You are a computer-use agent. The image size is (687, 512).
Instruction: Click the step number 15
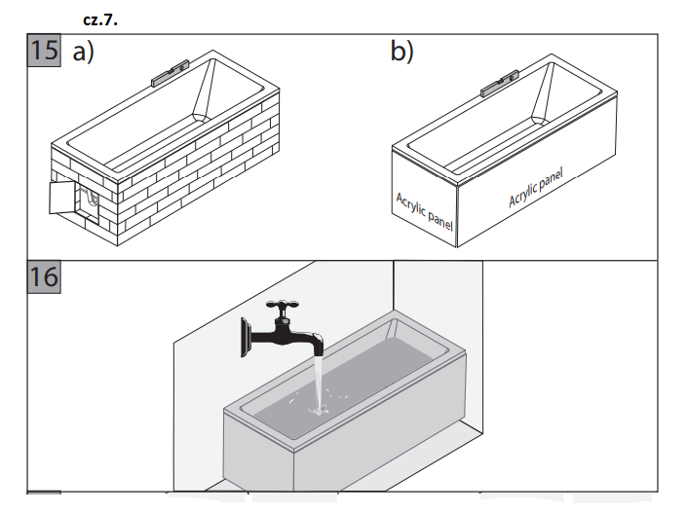45,51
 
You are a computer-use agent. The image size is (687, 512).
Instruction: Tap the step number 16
44,276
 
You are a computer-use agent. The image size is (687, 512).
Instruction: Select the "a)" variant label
83,52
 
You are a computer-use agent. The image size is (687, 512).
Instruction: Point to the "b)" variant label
402,51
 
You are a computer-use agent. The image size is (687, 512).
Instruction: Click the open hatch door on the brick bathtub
63,197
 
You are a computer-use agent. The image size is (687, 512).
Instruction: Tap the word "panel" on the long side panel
552,178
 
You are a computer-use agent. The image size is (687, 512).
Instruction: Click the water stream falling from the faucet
316,380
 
